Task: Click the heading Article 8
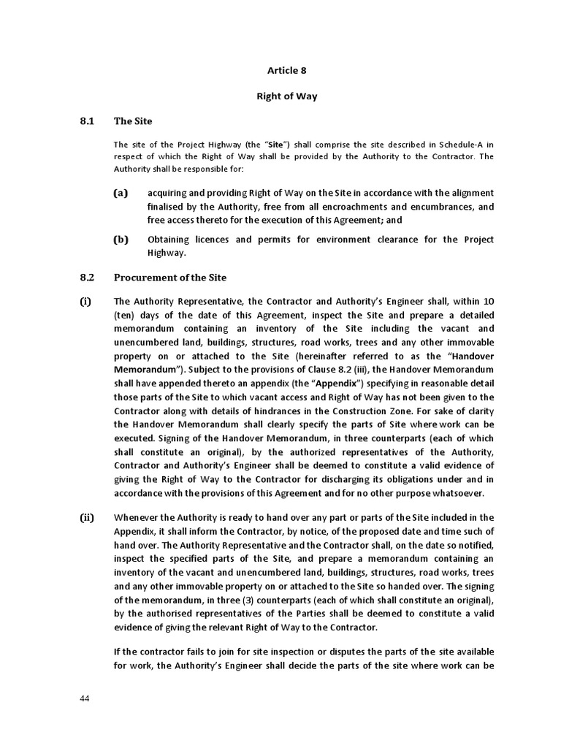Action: pos(280,71)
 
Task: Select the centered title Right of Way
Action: pos(280,95)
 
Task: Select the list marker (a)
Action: pos(121,193)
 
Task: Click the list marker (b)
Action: pos(121,240)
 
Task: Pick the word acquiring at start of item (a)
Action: pos(169,193)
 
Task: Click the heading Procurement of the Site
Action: pos(170,278)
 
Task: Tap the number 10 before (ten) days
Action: pos(488,302)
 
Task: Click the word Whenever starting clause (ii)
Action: pos(138,518)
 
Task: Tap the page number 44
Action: pos(85,698)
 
